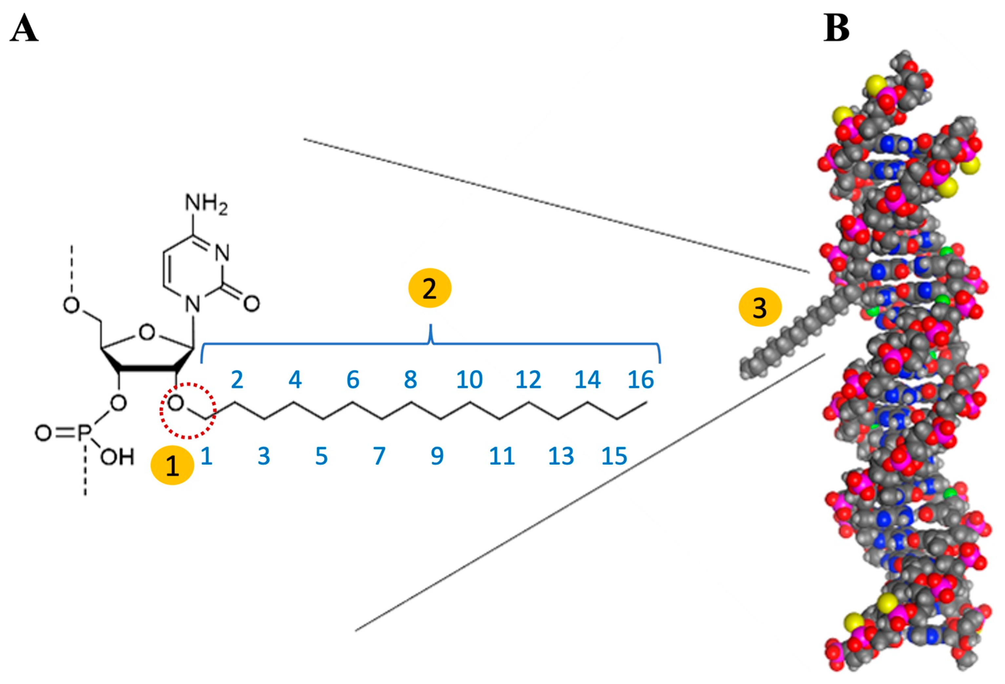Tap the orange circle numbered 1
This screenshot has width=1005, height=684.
pyautogui.click(x=172, y=466)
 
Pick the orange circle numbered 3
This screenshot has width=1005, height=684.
pyautogui.click(x=760, y=308)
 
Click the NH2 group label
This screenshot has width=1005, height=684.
pyautogui.click(x=206, y=203)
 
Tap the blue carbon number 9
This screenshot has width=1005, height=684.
pyautogui.click(x=437, y=456)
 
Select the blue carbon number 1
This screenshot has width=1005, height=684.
pyautogui.click(x=206, y=456)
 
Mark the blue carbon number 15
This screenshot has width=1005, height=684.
pyautogui.click(x=614, y=456)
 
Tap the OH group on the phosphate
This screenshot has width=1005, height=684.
pyautogui.click(x=117, y=457)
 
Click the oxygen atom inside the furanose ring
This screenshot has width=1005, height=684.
pyautogui.click(x=147, y=332)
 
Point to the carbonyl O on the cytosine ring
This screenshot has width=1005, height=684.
pyautogui.click(x=251, y=303)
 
